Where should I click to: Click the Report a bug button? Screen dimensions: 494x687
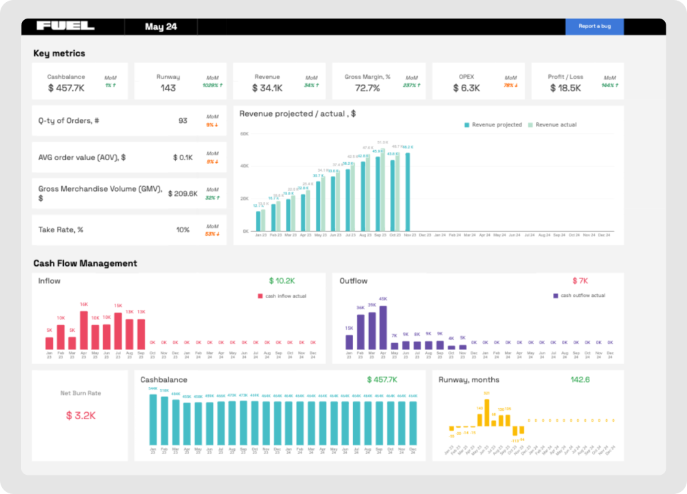coord(594,26)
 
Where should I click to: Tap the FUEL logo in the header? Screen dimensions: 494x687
coord(65,26)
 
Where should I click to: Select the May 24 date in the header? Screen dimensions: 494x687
coord(161,27)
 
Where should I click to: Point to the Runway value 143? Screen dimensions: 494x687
coord(168,88)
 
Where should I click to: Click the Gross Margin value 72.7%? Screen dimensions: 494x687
coord(367,88)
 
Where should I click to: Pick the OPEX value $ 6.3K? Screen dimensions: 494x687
coord(466,88)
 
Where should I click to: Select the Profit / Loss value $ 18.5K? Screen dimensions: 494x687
coord(565,88)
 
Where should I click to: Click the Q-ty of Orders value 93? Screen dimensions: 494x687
coord(183,121)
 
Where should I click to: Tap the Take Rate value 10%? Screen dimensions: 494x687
coord(183,229)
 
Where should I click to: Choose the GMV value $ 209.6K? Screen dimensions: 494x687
coord(183,194)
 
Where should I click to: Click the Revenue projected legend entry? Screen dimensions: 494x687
coord(493,125)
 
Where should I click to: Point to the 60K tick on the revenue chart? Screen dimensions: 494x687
coord(244,134)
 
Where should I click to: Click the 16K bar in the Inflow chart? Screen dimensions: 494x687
coord(84,330)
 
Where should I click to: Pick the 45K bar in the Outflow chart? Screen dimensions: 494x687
coord(383,327)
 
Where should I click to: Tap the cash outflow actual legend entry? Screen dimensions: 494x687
coord(579,295)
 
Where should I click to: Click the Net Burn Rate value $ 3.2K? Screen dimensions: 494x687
coord(80,416)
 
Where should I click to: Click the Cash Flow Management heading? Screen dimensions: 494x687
coord(85,263)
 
